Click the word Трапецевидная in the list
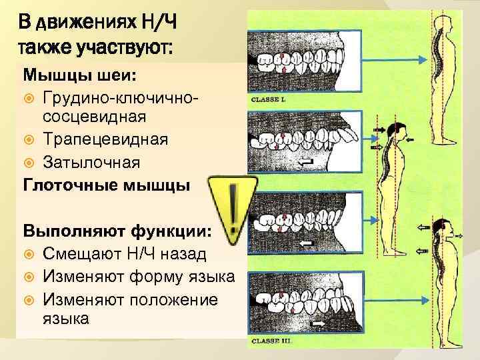point(106,139)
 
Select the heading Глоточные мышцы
point(106,185)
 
